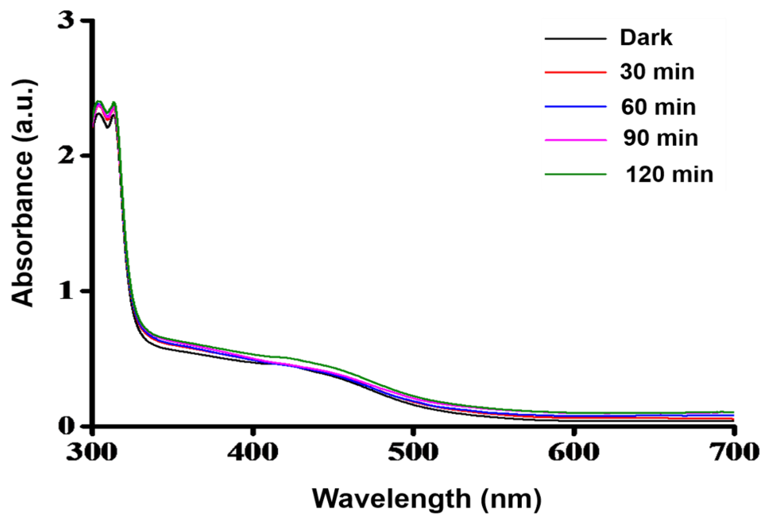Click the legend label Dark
[x=646, y=38]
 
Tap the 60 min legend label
[x=658, y=107]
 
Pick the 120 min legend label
[x=669, y=175]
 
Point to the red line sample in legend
[x=575, y=72]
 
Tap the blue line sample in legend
[x=575, y=107]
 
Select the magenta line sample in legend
[x=575, y=140]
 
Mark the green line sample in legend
[x=575, y=174]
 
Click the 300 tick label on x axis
[x=92, y=452]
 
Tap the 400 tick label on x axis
[x=252, y=452]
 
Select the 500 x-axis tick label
[x=413, y=452]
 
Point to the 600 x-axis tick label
[x=573, y=452]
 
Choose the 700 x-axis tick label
[x=733, y=452]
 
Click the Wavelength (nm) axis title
[x=427, y=499]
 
